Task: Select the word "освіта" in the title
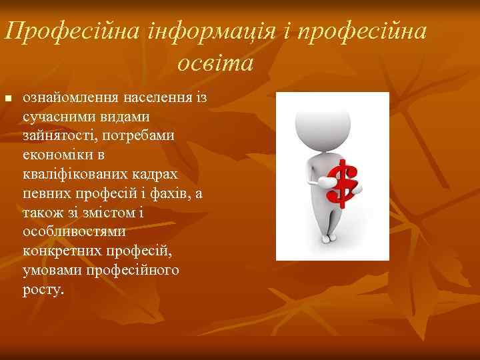pos(215,63)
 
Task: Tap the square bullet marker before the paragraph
pos(8,99)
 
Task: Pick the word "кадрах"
pos(159,175)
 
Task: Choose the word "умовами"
pos(48,271)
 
